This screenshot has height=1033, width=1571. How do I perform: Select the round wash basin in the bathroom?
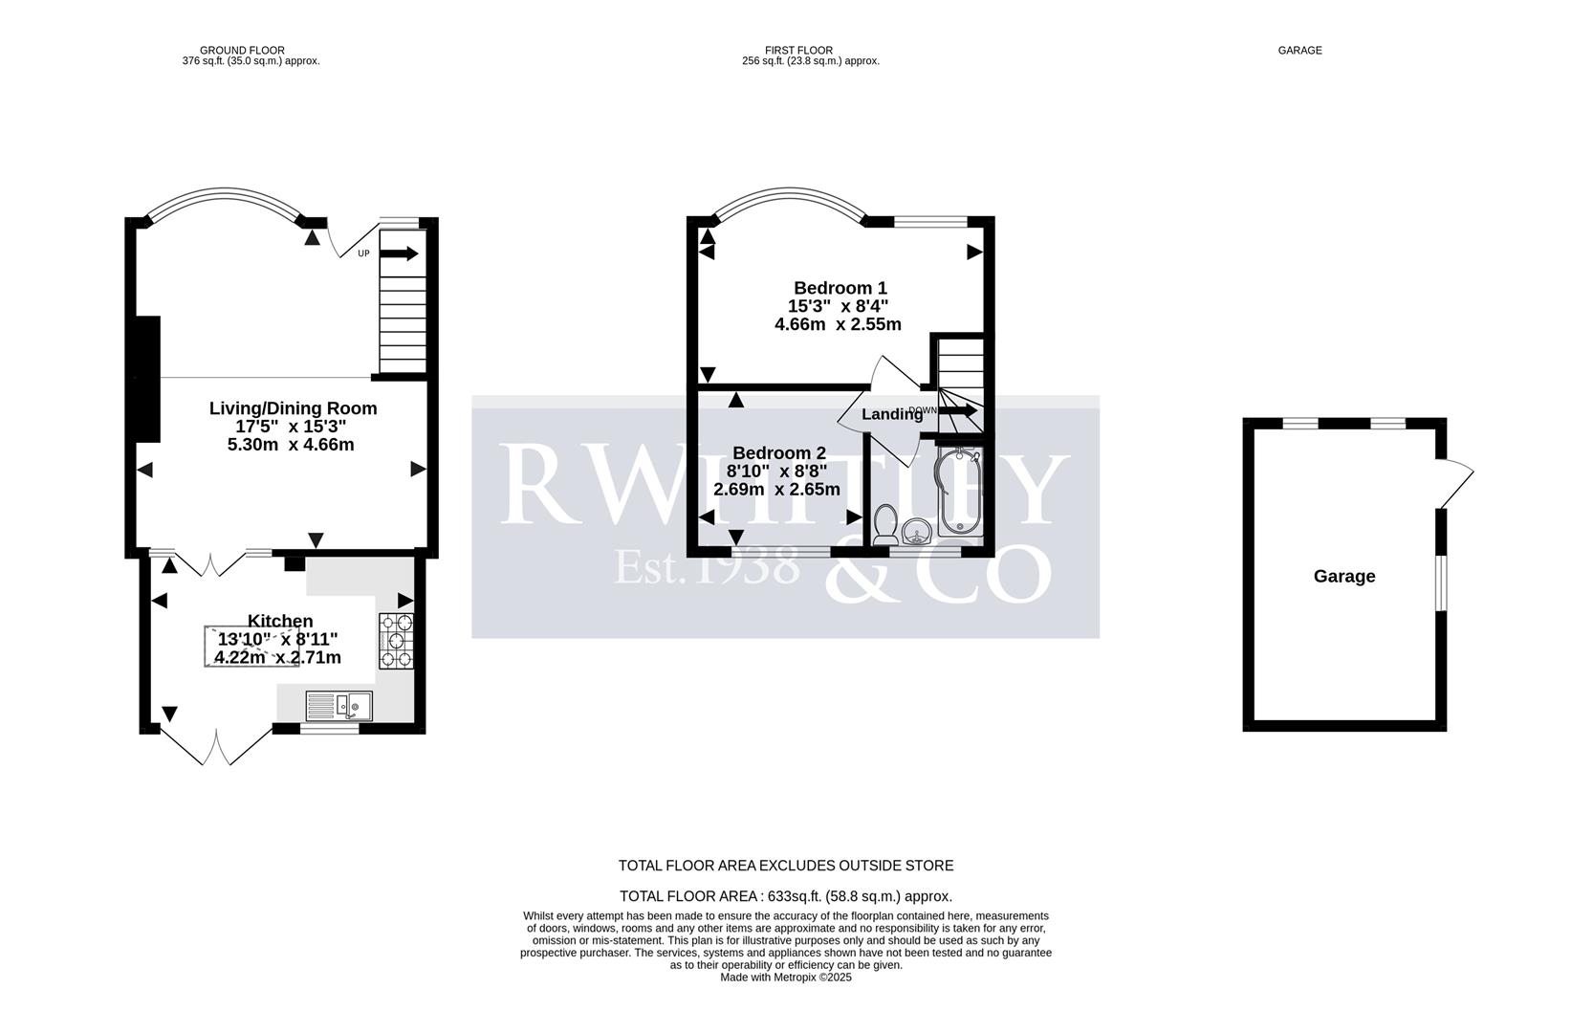917,531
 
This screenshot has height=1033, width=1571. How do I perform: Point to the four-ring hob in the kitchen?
396,640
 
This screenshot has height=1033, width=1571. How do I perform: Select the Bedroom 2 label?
778,453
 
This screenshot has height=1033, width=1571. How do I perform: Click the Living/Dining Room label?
293,408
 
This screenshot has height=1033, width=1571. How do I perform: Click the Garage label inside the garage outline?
1343,576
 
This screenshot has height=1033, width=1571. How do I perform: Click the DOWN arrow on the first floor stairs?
959,411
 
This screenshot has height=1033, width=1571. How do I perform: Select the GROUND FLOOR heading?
242,50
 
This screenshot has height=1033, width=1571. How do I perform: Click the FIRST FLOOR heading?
798,50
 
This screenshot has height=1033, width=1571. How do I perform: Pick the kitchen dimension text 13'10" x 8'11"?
277,639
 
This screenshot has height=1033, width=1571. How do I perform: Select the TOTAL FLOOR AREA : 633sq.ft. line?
785,896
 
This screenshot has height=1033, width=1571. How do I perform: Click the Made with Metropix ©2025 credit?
785,978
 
